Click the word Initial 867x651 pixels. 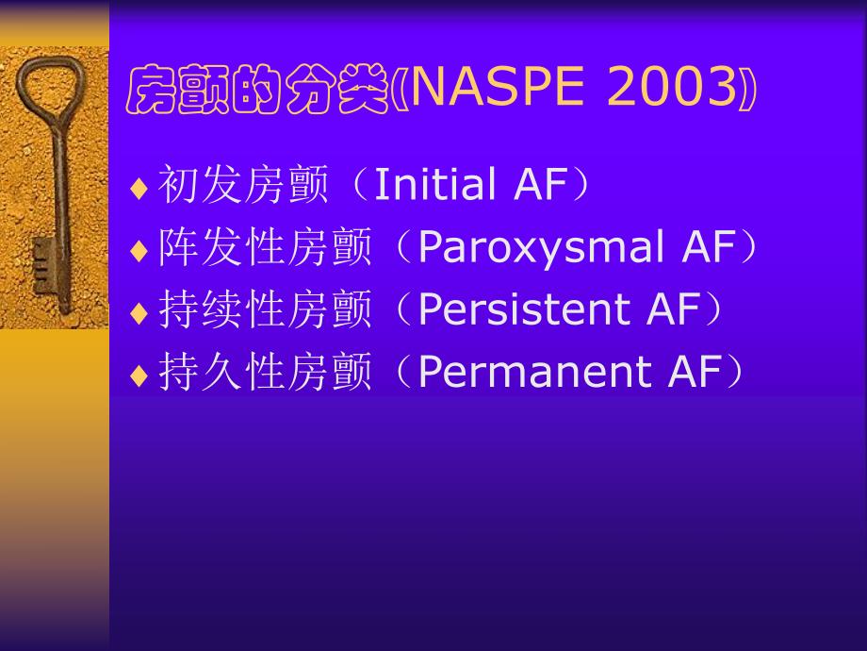[437, 185]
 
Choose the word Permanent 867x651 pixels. [534, 372]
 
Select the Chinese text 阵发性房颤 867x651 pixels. [265, 248]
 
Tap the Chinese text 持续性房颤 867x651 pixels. [265, 310]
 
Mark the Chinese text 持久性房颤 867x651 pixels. [265, 373]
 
